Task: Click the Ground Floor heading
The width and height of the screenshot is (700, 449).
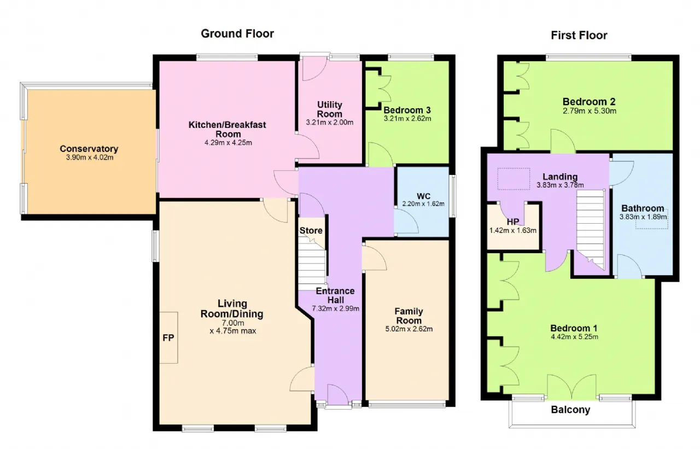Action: (x=237, y=34)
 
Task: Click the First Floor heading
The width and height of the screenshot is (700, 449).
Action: (x=579, y=36)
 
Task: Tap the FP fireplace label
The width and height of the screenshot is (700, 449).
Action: (x=168, y=338)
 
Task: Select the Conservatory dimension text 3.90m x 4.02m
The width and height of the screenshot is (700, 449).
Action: (x=89, y=158)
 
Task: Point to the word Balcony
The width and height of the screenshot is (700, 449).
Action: (x=570, y=410)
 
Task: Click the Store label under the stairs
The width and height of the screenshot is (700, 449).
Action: (x=311, y=231)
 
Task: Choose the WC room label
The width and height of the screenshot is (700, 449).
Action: (x=423, y=196)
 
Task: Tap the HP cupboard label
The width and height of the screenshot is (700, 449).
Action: (x=513, y=222)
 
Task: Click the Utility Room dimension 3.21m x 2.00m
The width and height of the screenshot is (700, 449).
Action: (x=329, y=123)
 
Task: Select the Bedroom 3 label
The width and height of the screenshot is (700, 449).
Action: (x=407, y=110)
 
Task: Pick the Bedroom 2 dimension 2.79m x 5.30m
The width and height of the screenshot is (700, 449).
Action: (x=590, y=111)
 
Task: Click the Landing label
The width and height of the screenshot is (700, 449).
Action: (x=559, y=177)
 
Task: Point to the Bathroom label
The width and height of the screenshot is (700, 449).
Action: (x=643, y=208)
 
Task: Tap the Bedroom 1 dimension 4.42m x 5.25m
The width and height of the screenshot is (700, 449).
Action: (x=574, y=337)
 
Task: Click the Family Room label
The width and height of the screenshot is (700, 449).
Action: (x=409, y=316)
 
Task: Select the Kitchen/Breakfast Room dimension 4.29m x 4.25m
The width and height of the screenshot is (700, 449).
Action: (x=228, y=143)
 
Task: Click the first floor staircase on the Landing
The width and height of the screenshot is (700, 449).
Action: (x=590, y=230)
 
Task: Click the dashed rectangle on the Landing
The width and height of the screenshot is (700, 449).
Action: (x=514, y=179)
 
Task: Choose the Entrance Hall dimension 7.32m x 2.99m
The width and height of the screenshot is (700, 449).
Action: (x=335, y=308)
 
